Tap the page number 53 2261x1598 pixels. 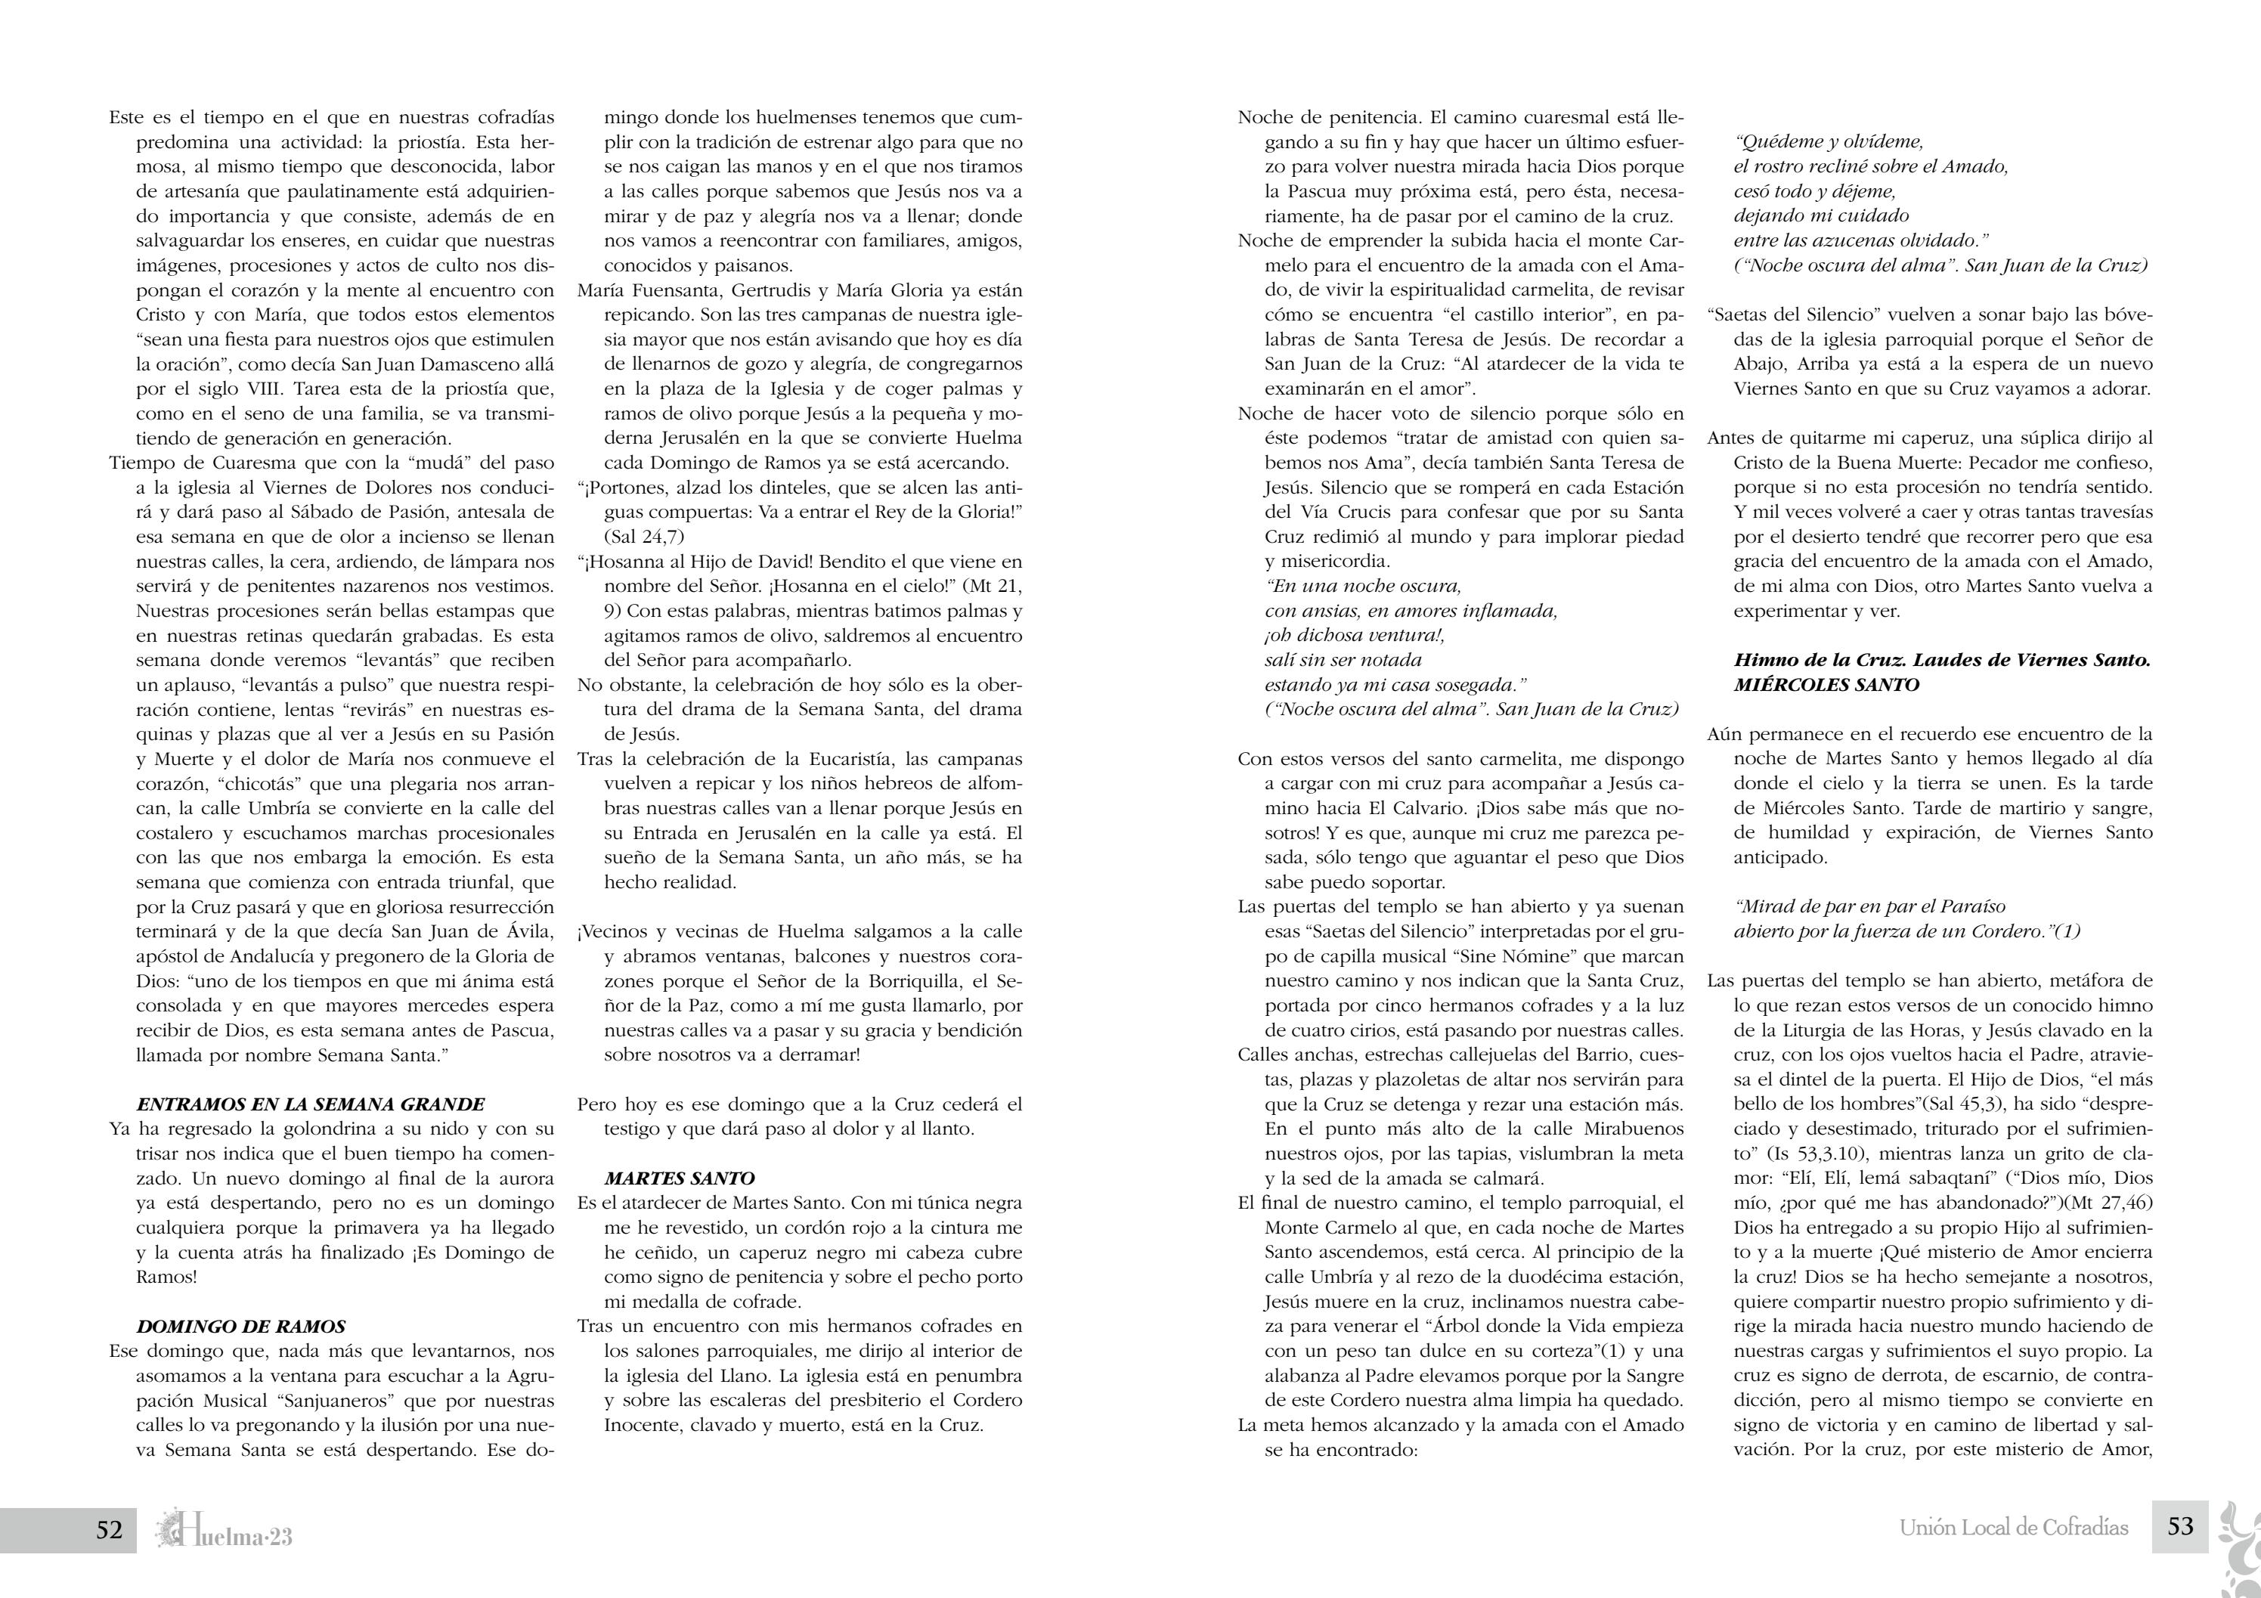pos(2180,1526)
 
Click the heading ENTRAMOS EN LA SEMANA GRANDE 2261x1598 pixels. pos(310,1104)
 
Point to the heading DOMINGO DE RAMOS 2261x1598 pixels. pos(240,1327)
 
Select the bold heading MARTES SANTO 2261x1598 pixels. pos(679,1178)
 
